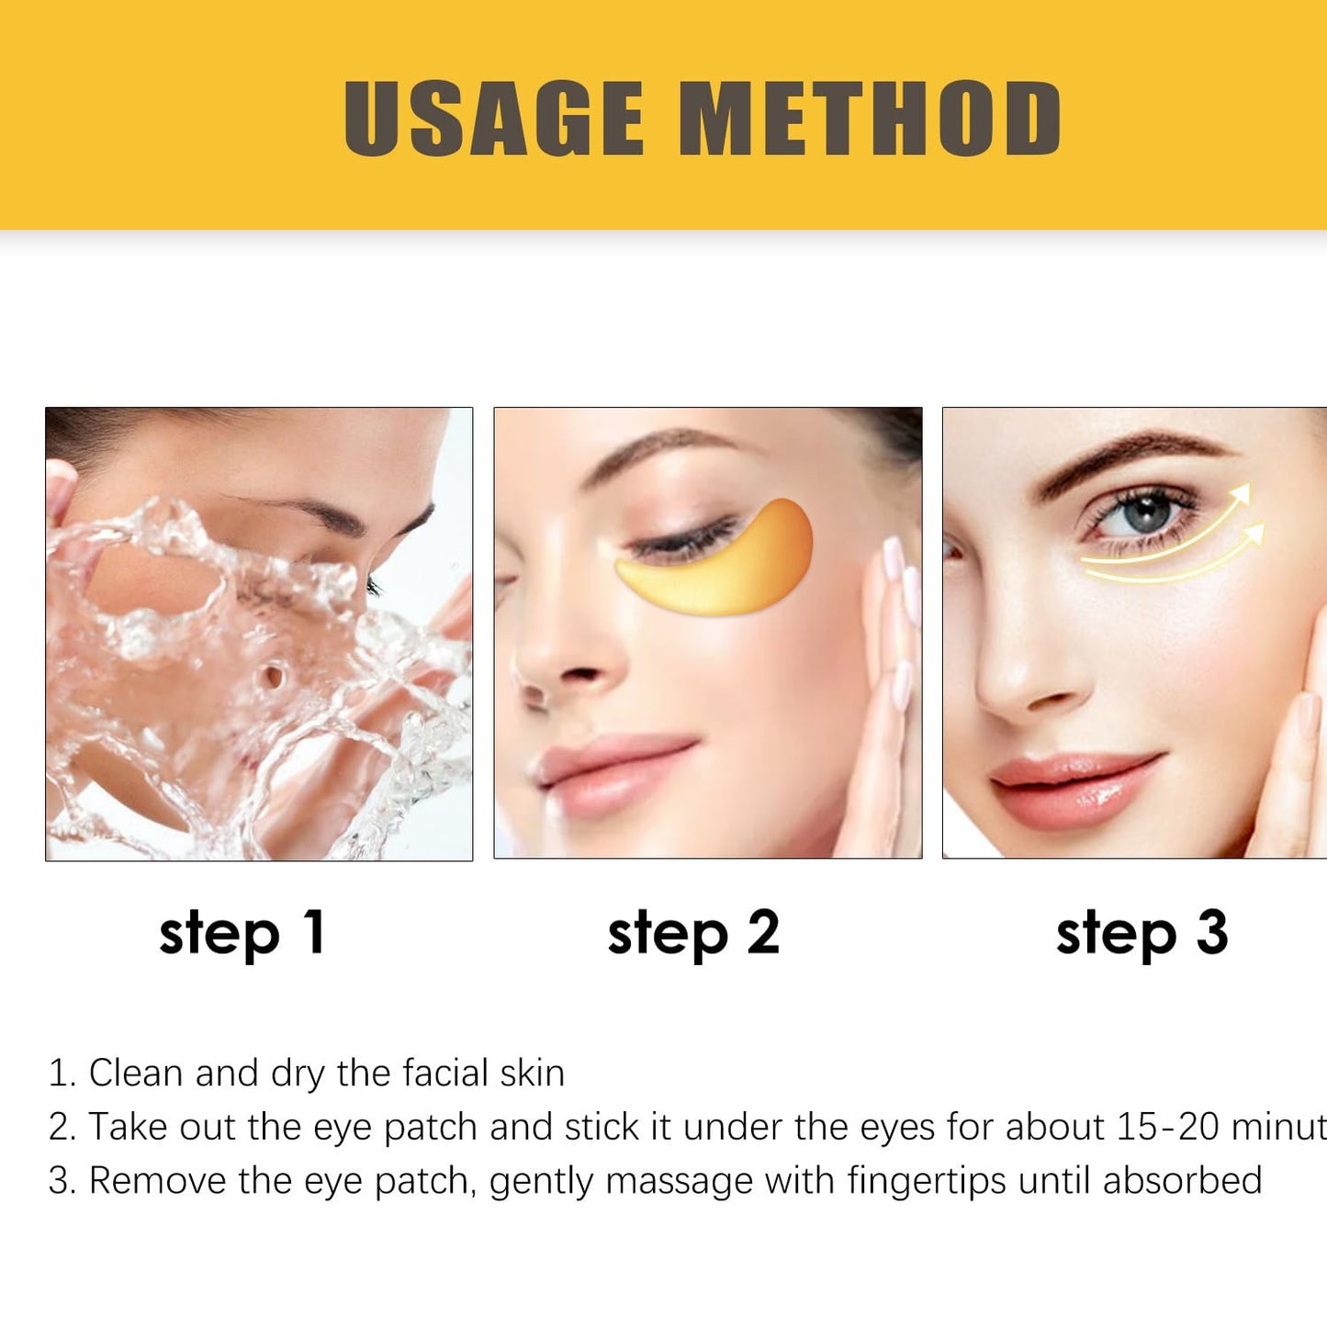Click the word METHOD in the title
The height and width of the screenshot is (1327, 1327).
[870, 118]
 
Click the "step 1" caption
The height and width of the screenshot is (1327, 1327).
[242, 933]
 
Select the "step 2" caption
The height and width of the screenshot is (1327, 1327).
[693, 933]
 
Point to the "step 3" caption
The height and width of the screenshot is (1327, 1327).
[1141, 933]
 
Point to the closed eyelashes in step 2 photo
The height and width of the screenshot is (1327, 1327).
[680, 542]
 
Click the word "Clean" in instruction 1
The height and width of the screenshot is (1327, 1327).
[135, 1073]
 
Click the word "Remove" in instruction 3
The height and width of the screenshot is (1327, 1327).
[156, 1181]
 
